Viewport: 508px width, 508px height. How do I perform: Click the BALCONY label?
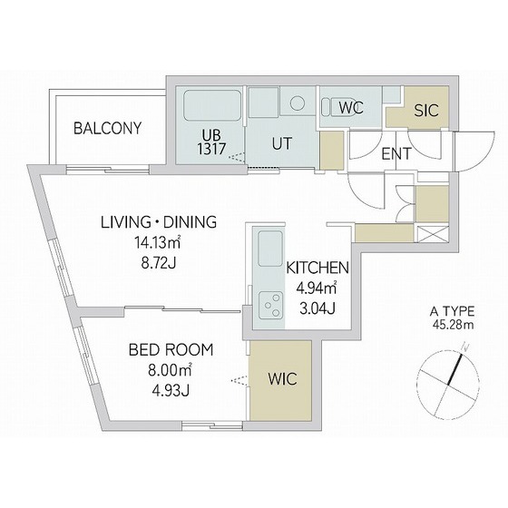coord(108,128)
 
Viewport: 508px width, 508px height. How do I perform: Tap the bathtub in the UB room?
coord(212,105)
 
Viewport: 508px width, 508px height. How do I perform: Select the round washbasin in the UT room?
coord(298,103)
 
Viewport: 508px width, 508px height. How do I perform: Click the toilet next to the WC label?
coord(330,107)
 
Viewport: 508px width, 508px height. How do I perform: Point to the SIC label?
coord(426,111)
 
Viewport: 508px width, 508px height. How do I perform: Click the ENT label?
coord(396,154)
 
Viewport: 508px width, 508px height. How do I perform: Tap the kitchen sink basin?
coord(270,249)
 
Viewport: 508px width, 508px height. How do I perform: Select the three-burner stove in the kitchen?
coord(270,305)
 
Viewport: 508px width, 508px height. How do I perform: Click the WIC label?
coord(282,379)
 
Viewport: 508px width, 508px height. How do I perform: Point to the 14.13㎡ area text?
coord(158,242)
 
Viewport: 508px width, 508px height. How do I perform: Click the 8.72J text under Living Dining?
coord(159,263)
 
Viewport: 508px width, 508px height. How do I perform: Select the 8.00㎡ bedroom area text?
coord(171,370)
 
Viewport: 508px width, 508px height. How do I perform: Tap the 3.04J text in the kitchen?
coord(317,308)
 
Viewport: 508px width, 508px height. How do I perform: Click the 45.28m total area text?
coord(453,325)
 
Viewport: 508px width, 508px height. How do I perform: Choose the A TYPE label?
coord(453,312)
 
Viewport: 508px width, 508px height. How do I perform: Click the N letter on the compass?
coord(465,347)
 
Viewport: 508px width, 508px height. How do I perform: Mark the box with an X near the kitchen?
coord(433,234)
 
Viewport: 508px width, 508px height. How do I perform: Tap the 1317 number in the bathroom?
coord(211,150)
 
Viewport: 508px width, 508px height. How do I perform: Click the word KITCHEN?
coord(317,268)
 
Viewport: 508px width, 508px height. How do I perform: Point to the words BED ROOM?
coord(171,350)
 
